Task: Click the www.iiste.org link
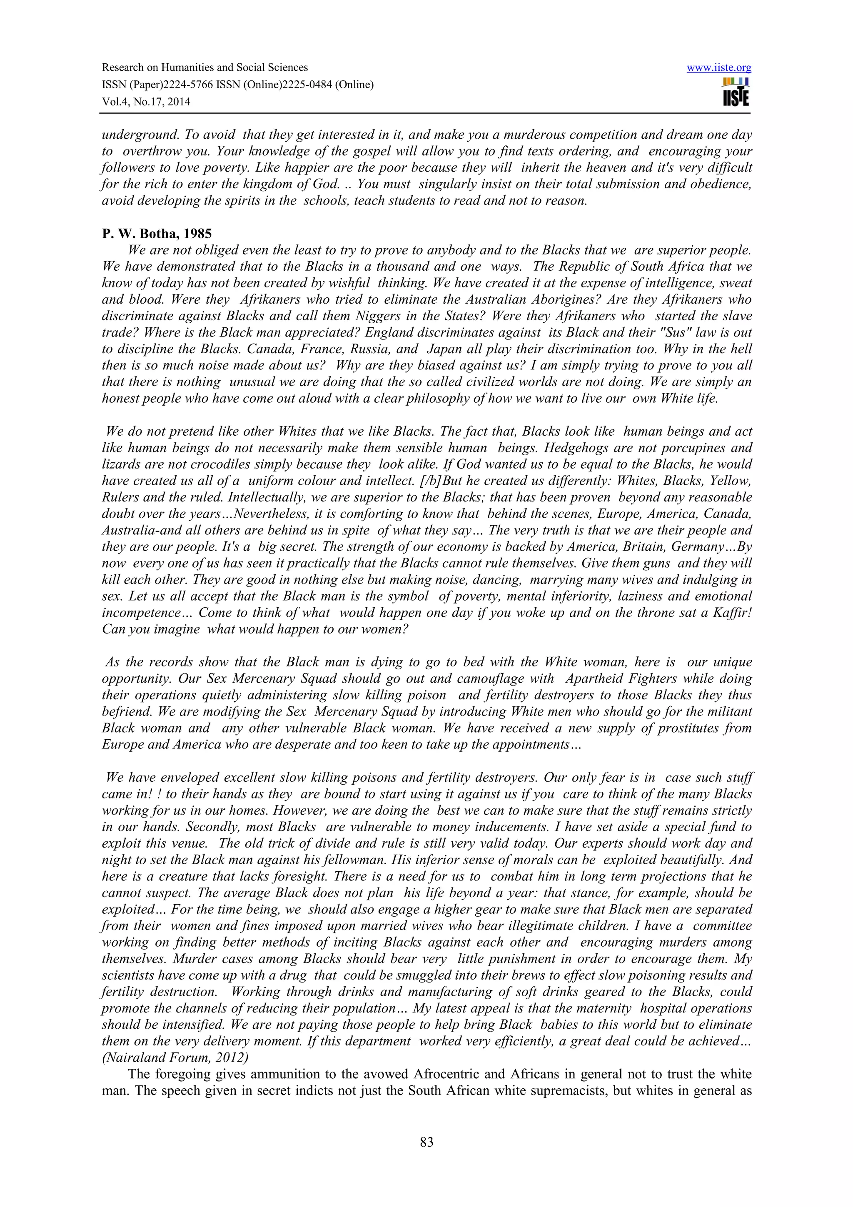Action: tap(718, 68)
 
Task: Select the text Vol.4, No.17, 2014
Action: tap(146, 102)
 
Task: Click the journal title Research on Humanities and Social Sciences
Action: tap(205, 67)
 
